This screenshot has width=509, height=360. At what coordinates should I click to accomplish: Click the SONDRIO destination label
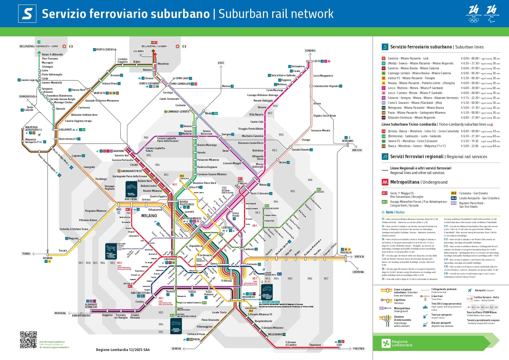(x=310, y=51)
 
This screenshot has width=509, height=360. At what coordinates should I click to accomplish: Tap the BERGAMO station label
(x=347, y=141)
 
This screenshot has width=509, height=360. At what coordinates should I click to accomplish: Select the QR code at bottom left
(x=28, y=340)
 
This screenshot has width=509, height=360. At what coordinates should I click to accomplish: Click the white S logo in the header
(x=27, y=14)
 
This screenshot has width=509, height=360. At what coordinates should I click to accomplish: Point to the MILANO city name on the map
(x=149, y=216)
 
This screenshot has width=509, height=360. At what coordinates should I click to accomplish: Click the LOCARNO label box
(x=138, y=51)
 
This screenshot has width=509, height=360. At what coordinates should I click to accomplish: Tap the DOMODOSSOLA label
(x=28, y=97)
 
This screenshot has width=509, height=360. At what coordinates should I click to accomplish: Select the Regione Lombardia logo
(x=397, y=343)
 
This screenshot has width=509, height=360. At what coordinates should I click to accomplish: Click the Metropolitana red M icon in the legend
(x=385, y=182)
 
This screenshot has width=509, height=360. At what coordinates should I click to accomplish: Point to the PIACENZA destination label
(x=358, y=349)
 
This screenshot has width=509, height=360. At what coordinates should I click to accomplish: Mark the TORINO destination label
(x=26, y=254)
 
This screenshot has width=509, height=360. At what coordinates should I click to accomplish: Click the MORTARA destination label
(x=60, y=313)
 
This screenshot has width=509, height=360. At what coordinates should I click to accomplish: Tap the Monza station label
(x=263, y=185)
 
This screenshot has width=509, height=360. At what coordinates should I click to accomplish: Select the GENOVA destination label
(x=176, y=349)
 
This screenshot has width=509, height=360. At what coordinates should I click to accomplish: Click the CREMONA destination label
(x=358, y=272)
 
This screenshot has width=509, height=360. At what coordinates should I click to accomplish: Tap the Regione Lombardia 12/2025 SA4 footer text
(x=123, y=350)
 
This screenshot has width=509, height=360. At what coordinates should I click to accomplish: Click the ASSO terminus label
(x=221, y=63)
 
